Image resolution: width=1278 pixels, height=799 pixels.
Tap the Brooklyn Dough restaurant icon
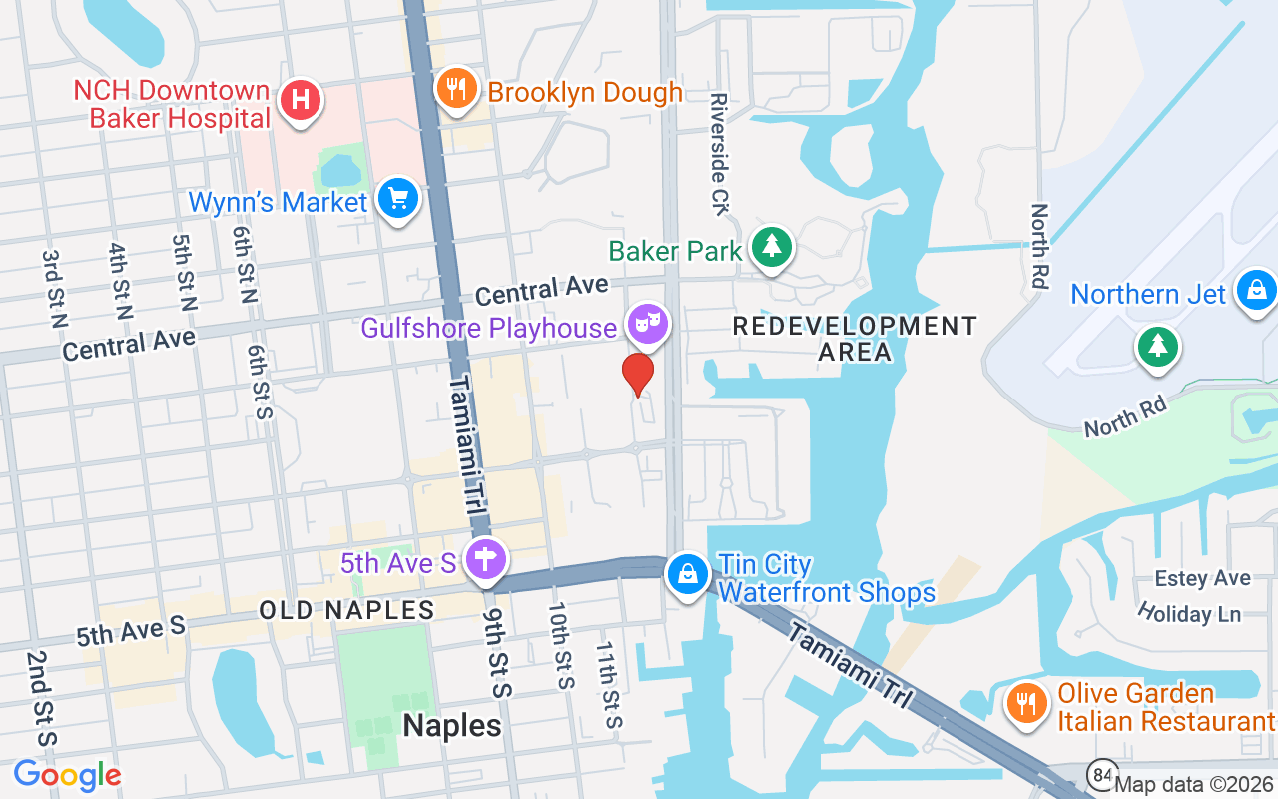click(455, 90)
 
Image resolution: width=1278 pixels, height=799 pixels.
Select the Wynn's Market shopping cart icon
click(398, 200)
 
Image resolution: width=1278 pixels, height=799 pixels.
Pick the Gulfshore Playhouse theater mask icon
click(648, 323)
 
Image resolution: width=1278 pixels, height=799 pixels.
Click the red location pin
click(637, 375)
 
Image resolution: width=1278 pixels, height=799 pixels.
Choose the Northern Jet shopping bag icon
click(1256, 291)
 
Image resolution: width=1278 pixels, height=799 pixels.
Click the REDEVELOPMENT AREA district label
click(855, 339)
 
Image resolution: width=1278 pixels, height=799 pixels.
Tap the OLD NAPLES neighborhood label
click(346, 610)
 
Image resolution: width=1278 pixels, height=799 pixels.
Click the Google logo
click(67, 775)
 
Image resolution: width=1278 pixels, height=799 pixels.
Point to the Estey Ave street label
click(1202, 579)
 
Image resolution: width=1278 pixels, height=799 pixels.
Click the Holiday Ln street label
click(1188, 613)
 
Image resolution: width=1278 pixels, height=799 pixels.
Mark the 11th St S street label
click(609, 684)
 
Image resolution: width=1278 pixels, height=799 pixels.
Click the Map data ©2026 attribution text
click(1194, 785)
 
